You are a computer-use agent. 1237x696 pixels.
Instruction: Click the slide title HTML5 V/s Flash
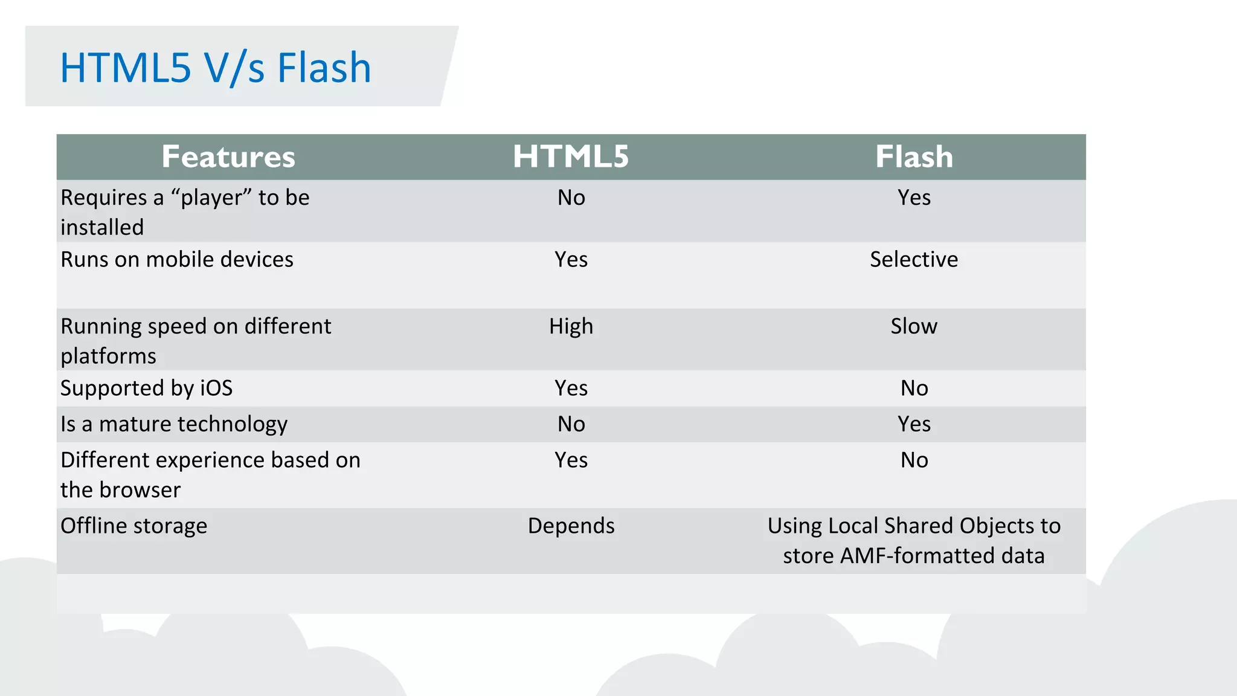[215, 67]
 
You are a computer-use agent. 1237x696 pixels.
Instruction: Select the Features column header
[228, 156]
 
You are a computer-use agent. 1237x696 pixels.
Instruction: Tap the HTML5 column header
[571, 156]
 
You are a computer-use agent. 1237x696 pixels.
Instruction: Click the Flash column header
[914, 156]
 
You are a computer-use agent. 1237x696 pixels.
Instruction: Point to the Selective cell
[914, 259]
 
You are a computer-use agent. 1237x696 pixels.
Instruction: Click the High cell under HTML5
[571, 326]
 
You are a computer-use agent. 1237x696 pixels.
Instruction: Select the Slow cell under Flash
[914, 326]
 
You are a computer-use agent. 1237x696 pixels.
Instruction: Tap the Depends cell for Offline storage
[571, 526]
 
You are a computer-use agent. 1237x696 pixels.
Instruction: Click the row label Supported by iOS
[146, 388]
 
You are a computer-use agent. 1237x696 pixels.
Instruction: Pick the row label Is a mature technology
[174, 424]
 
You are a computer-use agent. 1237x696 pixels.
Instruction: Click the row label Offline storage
[133, 526]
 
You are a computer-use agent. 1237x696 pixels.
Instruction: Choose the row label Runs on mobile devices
[177, 259]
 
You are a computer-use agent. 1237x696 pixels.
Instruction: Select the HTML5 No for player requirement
[571, 198]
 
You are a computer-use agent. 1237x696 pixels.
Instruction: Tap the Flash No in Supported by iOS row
[914, 388]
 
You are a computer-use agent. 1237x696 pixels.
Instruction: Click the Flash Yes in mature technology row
[914, 424]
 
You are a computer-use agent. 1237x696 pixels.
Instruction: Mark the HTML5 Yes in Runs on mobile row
[571, 259]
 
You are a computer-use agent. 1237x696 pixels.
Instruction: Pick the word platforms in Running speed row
[108, 356]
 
